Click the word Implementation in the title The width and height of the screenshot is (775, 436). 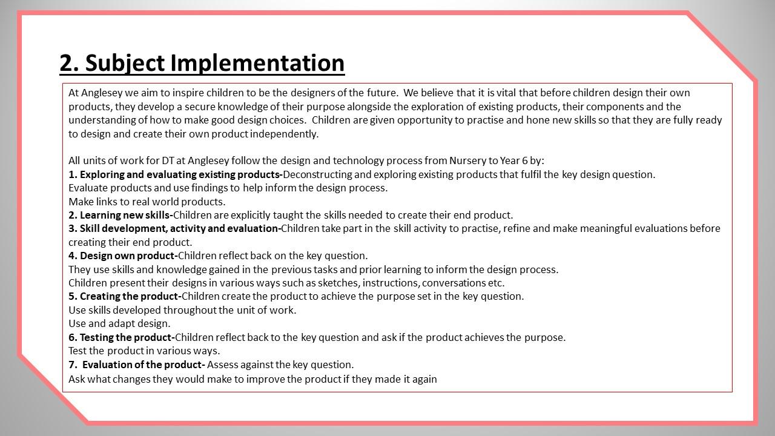coord(257,63)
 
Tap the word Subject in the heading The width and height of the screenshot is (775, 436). coord(125,64)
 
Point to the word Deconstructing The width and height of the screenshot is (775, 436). coord(317,174)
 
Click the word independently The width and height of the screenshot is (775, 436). coord(284,134)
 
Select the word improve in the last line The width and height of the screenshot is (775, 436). coord(265,379)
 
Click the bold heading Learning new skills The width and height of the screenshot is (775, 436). coord(125,215)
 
